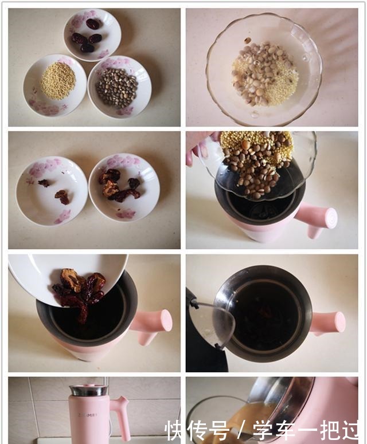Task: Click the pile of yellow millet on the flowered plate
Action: (58, 81)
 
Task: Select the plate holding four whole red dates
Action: (92, 34)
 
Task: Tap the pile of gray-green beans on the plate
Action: (117, 88)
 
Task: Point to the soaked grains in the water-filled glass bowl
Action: (266, 74)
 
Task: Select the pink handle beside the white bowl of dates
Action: (151, 325)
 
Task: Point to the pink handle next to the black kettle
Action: (327, 323)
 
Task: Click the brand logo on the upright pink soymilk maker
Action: (88, 415)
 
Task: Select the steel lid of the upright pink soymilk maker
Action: (88, 390)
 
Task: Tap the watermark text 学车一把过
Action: (306, 430)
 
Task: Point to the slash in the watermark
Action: (241, 431)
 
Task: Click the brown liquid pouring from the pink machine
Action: (244, 419)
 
